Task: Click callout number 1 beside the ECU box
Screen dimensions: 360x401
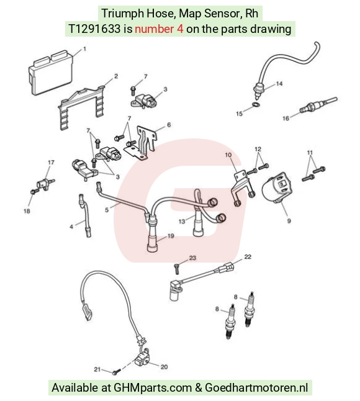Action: [84, 48]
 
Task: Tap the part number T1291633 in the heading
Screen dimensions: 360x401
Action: [94, 29]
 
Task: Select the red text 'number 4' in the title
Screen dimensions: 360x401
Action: [159, 29]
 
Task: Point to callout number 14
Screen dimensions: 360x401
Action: [279, 84]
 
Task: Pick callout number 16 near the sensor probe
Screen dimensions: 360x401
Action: [286, 118]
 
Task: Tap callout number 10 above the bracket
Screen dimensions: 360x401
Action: [228, 155]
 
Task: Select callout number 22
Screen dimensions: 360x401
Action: [248, 256]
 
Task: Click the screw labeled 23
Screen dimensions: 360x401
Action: [177, 269]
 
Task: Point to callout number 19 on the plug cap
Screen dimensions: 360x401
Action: [171, 236]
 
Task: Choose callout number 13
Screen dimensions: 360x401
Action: [181, 221]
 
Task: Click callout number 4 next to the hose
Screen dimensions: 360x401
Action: [71, 227]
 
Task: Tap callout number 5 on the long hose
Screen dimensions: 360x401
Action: [107, 210]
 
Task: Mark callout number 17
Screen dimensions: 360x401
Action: [51, 163]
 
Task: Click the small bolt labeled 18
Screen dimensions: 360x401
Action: [35, 191]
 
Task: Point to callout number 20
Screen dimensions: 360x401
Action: [164, 367]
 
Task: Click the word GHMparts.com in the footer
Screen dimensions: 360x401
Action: [153, 388]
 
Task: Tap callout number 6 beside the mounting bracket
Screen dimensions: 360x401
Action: [169, 125]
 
